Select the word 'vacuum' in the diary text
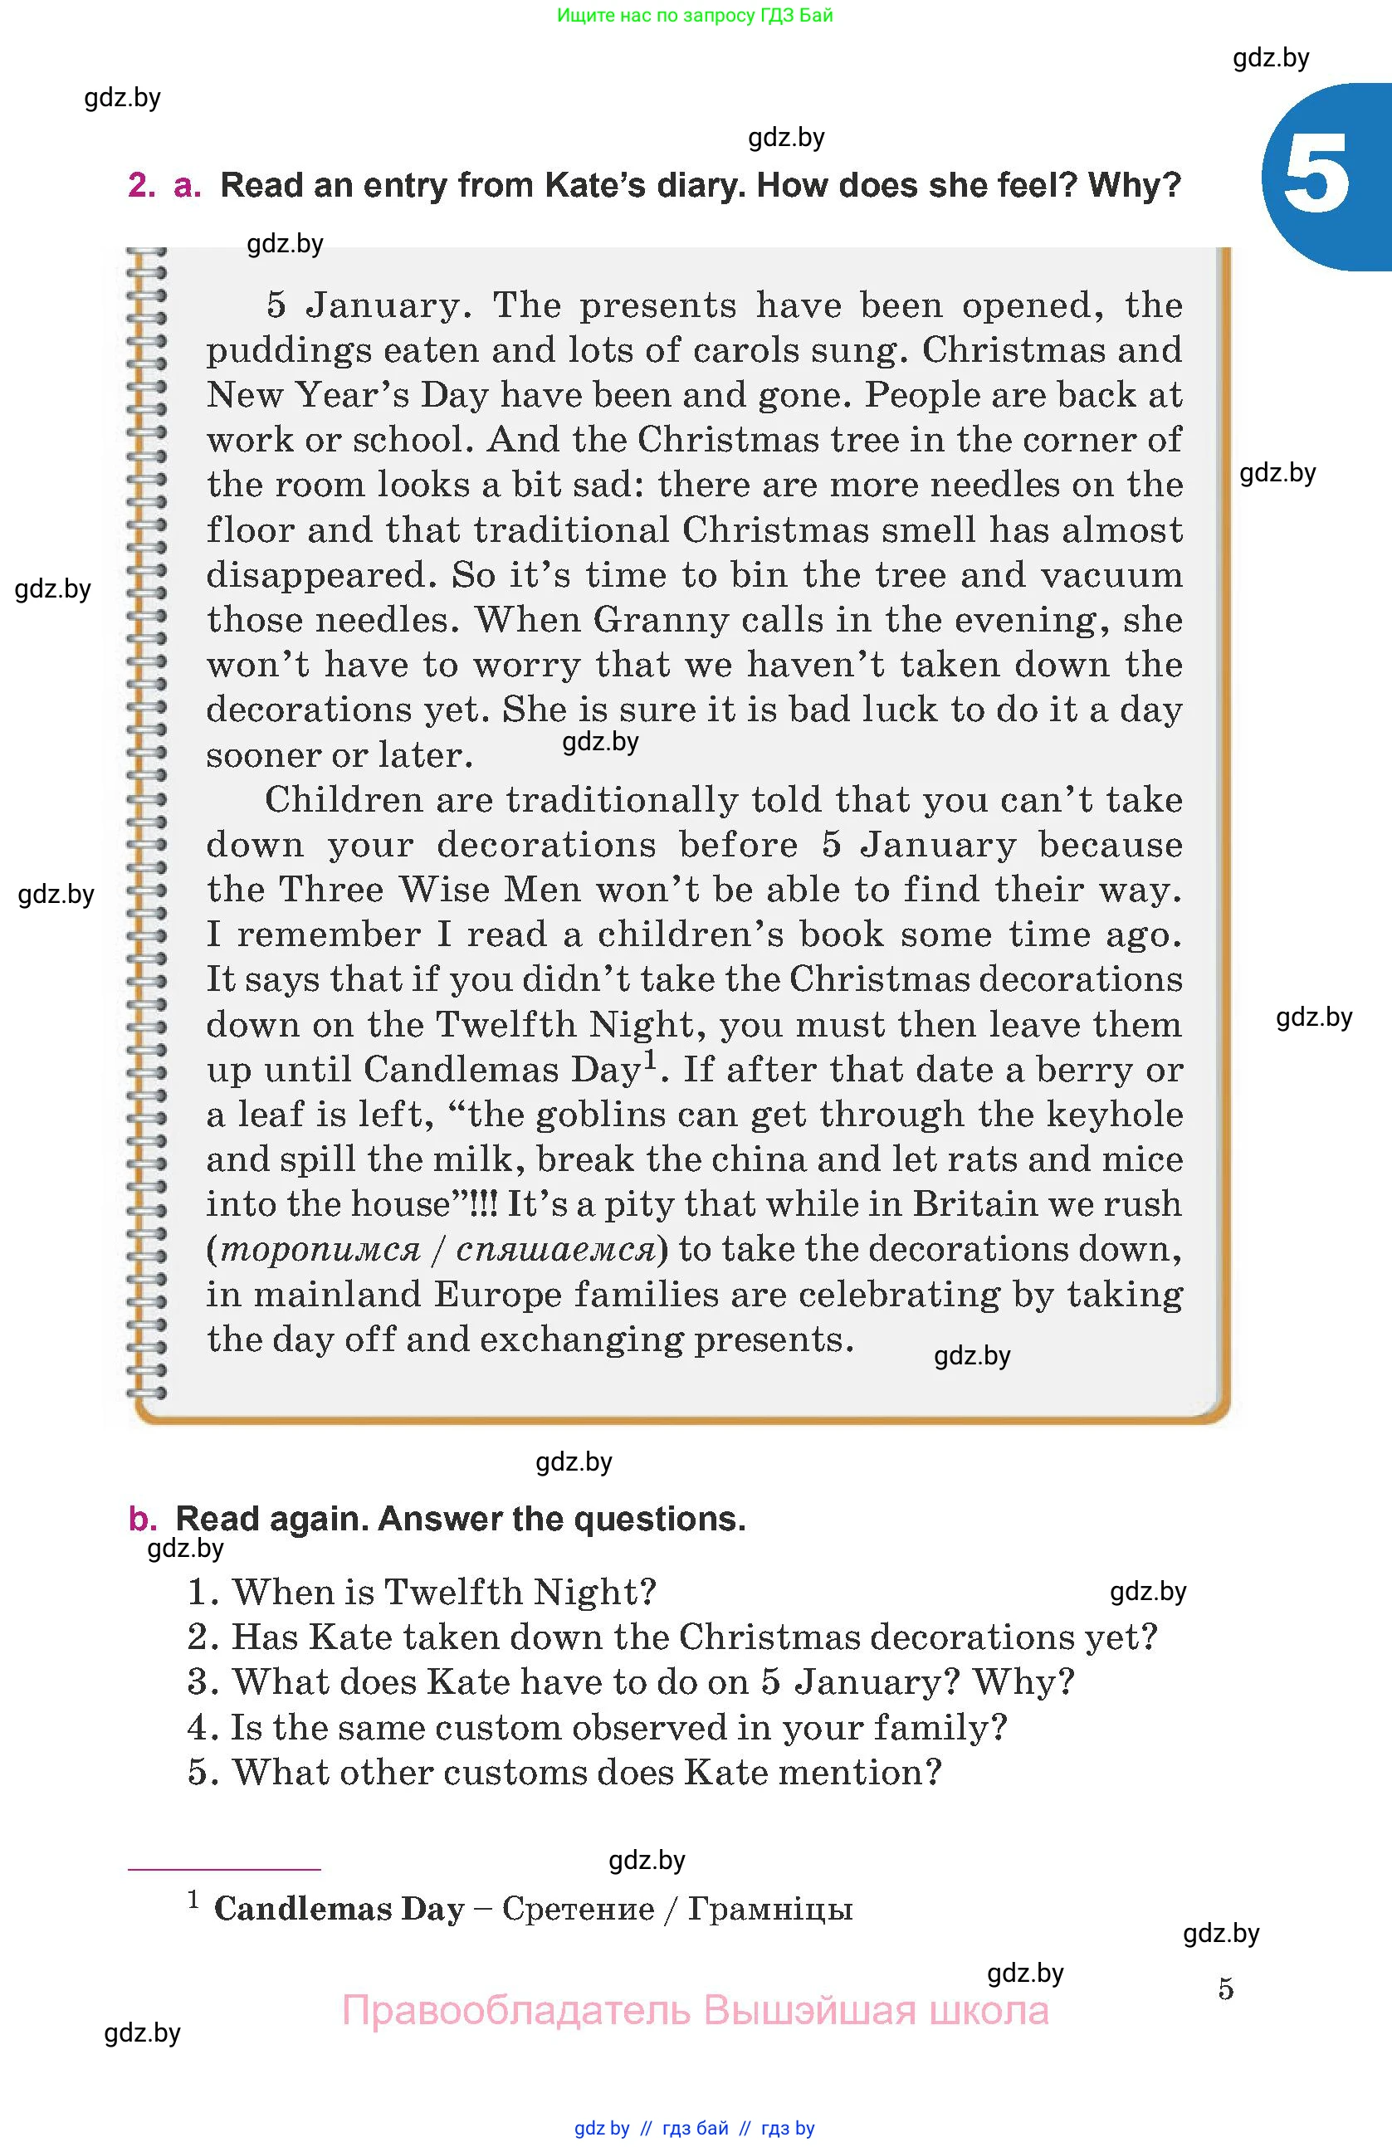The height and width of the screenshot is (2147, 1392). [x=1111, y=574]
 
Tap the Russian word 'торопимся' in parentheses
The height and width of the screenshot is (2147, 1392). [x=321, y=1249]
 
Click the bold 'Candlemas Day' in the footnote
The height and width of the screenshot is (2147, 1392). [x=339, y=1909]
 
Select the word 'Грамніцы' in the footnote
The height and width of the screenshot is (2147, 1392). [x=770, y=1909]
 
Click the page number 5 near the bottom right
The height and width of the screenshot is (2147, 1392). [x=1225, y=1988]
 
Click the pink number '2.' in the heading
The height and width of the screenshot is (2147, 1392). [x=143, y=185]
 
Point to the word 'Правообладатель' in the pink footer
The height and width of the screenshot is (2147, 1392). [x=516, y=2011]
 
